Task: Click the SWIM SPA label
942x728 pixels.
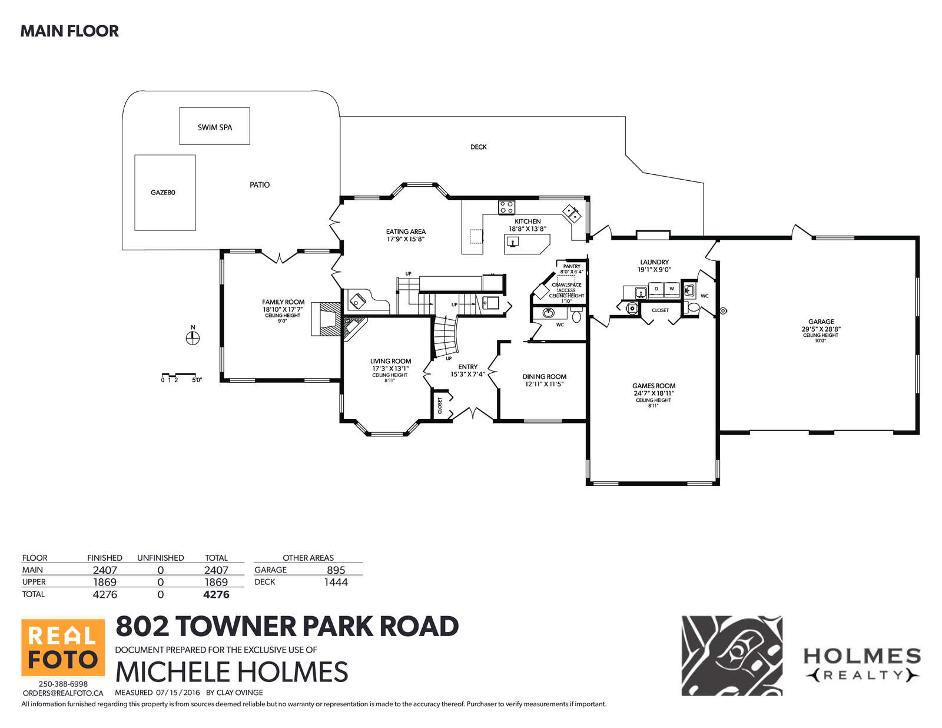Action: [214, 127]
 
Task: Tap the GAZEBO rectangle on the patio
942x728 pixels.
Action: [165, 193]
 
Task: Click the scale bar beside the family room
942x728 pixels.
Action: [179, 375]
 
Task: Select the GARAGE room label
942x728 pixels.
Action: [821, 322]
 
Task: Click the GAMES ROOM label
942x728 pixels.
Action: [654, 386]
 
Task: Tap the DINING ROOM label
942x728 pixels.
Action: [545, 377]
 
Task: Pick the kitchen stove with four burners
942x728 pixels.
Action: [506, 207]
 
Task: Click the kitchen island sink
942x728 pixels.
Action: [513, 241]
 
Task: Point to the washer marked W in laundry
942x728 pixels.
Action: [672, 289]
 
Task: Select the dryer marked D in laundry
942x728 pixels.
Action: [656, 289]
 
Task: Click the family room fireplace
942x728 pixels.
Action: [326, 319]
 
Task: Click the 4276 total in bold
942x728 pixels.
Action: [216, 594]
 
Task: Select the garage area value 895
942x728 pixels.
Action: [336, 570]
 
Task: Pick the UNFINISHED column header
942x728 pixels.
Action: [160, 558]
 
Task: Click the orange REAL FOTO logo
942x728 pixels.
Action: [63, 647]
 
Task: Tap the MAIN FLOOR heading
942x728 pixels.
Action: [69, 31]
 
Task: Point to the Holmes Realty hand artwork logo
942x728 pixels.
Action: [732, 656]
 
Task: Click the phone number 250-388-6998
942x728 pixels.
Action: [63, 684]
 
